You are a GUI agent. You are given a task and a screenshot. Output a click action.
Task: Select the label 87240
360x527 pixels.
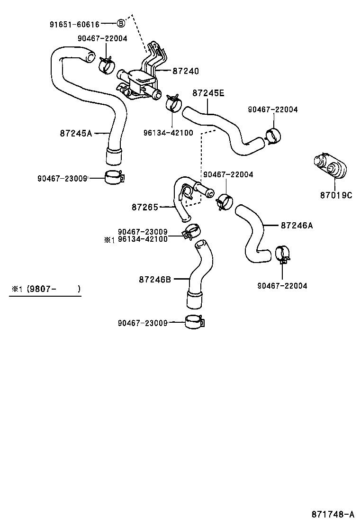pyautogui.click(x=185, y=71)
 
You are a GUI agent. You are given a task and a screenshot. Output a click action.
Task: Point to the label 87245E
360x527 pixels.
pyautogui.click(x=208, y=93)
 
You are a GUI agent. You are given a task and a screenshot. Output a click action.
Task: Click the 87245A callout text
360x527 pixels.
pyautogui.click(x=76, y=133)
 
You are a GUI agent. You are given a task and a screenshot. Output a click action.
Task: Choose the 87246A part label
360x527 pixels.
pyautogui.click(x=297, y=226)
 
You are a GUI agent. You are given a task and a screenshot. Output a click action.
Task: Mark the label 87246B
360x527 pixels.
pyautogui.click(x=154, y=280)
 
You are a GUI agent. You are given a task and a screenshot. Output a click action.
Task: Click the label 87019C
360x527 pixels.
pyautogui.click(x=336, y=195)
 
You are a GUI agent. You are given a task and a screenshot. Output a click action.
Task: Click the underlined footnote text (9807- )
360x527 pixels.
pyautogui.click(x=53, y=289)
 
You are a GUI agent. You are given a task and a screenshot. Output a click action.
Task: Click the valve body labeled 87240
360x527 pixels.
pyautogui.click(x=139, y=81)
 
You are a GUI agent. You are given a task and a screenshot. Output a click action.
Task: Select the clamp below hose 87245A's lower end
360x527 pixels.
pyautogui.click(x=114, y=177)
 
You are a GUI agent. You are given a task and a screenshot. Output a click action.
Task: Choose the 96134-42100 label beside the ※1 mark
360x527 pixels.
pyautogui.click(x=143, y=239)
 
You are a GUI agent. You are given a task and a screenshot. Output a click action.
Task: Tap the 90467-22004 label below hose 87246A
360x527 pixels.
pyautogui.click(x=282, y=286)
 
